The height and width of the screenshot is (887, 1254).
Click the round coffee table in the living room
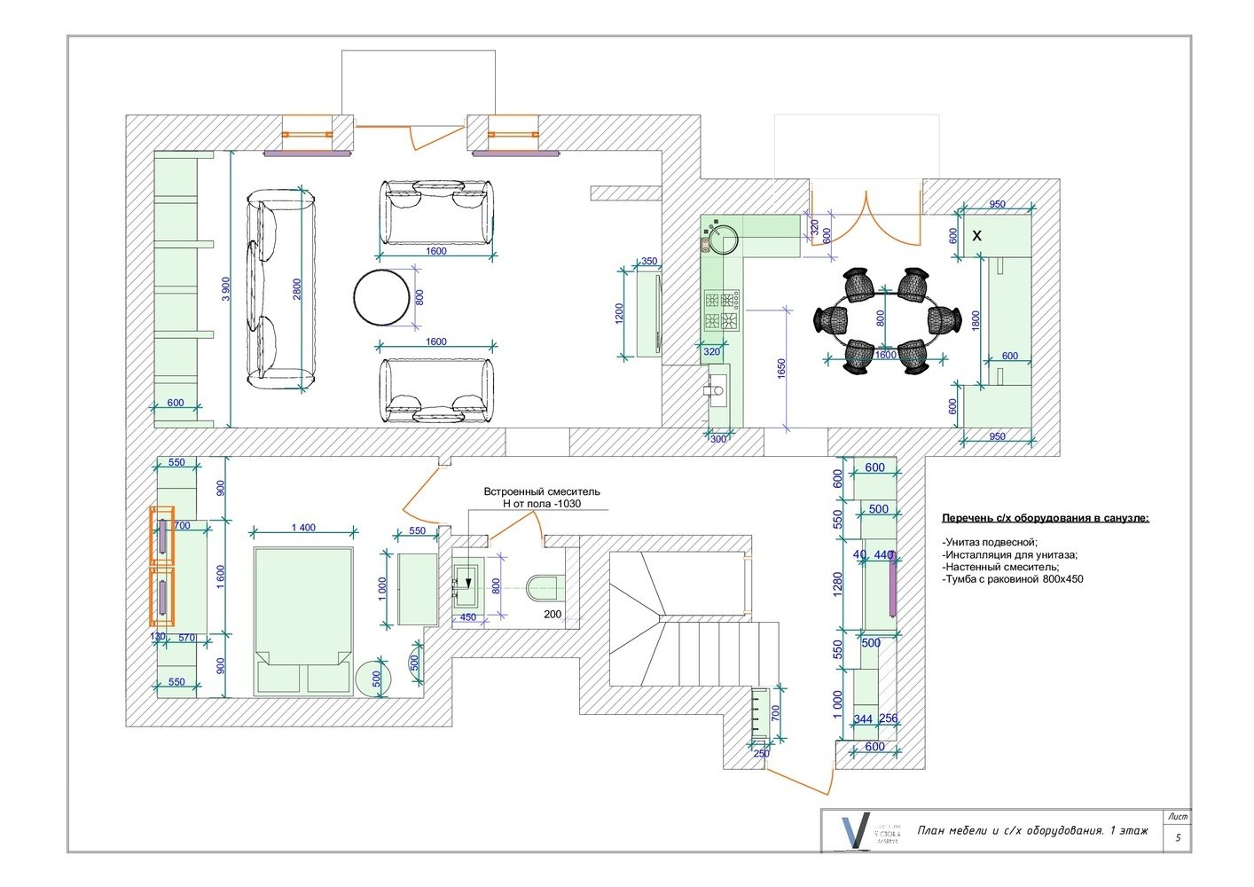382,297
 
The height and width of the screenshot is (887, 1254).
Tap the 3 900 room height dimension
226,289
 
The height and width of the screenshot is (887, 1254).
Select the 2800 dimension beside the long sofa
297,289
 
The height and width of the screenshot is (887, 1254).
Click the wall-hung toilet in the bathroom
544,585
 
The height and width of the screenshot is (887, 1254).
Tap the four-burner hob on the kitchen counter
722,310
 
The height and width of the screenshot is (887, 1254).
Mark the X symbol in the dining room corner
977,236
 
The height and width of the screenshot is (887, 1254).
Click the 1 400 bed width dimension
303,528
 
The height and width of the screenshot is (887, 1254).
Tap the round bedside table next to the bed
372,679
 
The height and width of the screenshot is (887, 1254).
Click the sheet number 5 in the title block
1178,837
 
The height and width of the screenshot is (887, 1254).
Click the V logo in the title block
853,831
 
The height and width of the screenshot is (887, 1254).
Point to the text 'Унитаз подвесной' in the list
990,542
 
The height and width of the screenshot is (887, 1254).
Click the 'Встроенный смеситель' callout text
541,491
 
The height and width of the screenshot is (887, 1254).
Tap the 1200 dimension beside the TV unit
620,314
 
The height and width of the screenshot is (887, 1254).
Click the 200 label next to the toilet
553,615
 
